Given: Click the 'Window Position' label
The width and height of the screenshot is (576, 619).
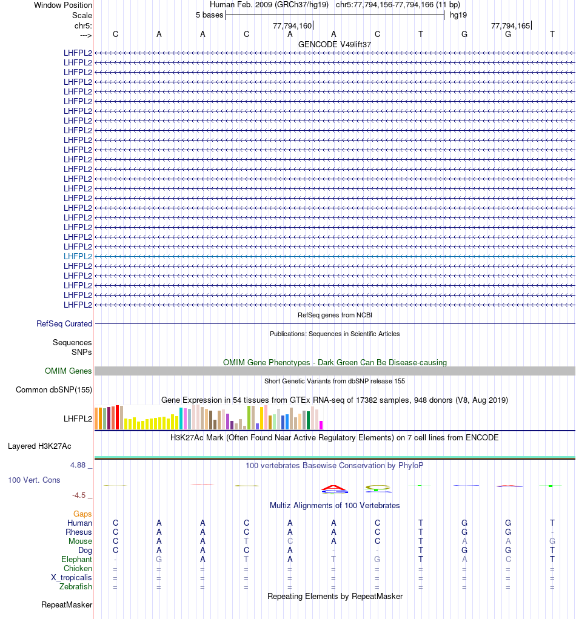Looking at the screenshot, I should tap(63, 5).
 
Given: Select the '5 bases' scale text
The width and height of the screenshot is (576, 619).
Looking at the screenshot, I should tap(209, 15).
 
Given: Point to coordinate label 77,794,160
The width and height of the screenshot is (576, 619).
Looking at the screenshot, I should tap(292, 25).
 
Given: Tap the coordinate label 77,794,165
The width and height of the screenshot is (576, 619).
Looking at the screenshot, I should tap(511, 25).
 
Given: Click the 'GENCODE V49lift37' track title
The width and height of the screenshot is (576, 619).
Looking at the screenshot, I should tap(335, 44).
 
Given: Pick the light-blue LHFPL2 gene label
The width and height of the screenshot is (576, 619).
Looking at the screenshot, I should tap(78, 256).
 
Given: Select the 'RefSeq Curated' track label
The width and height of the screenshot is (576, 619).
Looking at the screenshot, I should tap(64, 324).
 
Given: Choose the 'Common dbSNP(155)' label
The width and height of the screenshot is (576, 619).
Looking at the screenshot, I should tap(54, 390).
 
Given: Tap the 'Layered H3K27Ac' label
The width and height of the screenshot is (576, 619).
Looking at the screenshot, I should tap(39, 446).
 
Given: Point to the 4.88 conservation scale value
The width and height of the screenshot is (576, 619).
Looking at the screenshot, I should tap(79, 465).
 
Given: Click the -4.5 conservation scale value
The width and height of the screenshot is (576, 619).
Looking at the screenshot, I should tap(79, 495).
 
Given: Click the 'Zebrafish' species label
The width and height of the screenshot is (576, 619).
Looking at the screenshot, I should tap(76, 587).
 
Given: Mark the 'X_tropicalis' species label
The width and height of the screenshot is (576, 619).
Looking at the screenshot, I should tap(72, 578).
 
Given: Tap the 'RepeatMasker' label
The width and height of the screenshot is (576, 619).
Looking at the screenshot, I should tap(67, 605).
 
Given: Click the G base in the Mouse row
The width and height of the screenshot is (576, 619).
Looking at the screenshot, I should tap(552, 541).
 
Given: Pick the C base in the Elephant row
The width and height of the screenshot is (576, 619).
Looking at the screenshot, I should tap(508, 560).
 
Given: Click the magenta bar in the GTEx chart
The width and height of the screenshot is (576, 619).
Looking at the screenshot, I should tap(321, 425).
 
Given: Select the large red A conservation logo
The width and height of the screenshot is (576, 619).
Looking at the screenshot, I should tap(333, 488).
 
